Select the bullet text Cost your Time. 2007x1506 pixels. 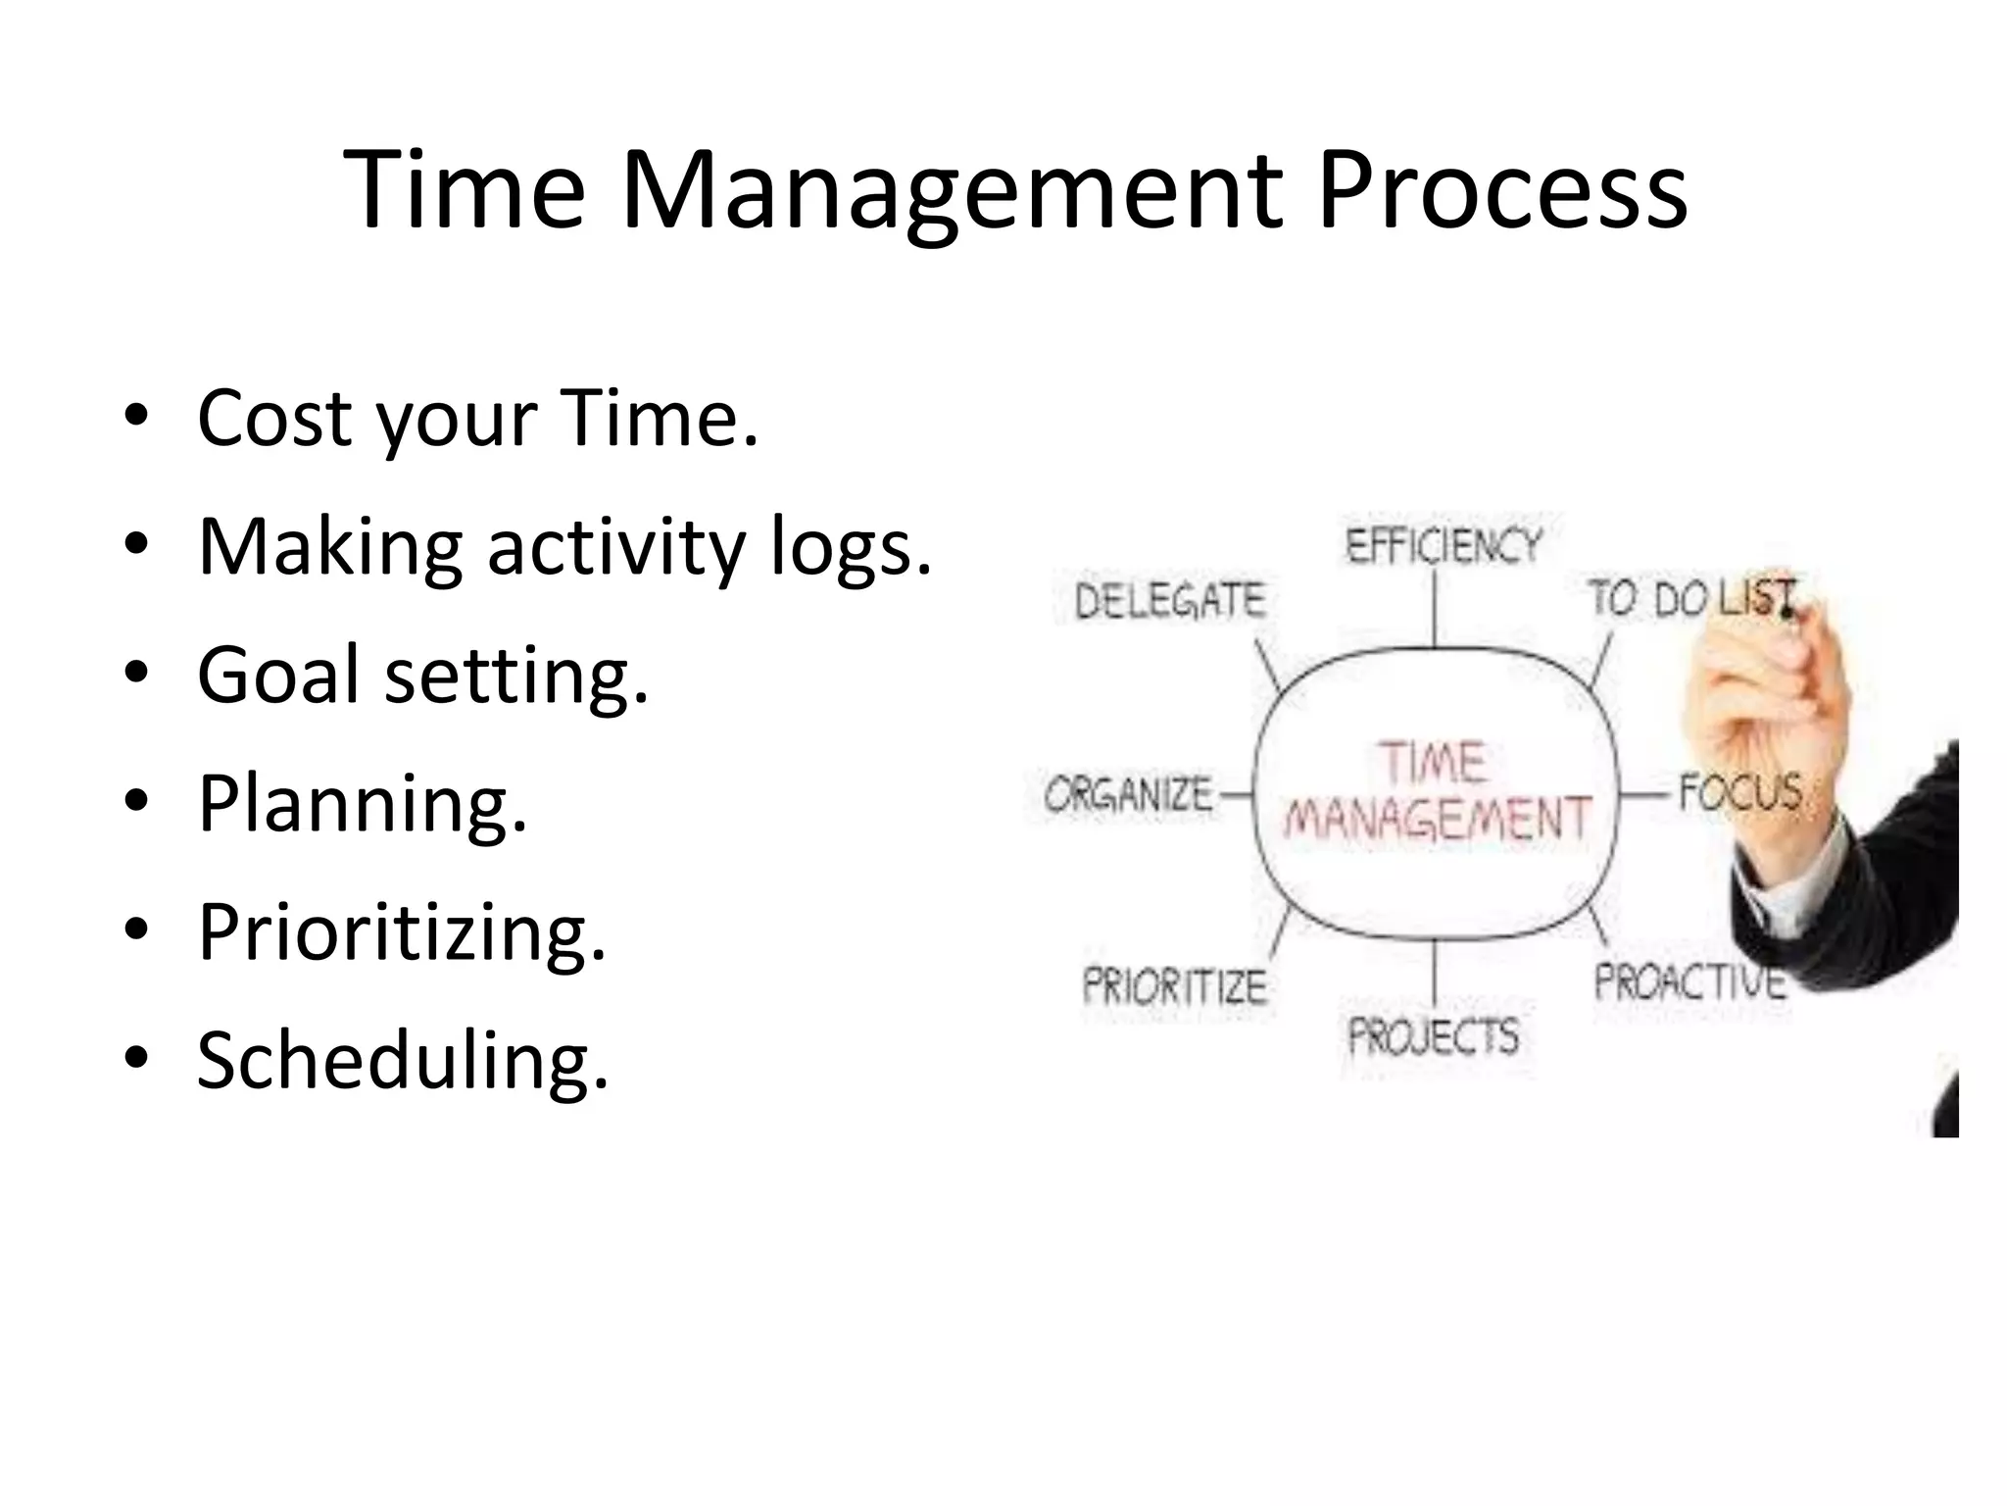coord(478,419)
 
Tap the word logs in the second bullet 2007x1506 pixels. coord(851,547)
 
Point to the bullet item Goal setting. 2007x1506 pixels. coord(423,676)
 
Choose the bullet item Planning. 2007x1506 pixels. coord(363,804)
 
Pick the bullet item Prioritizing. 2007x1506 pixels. coord(402,932)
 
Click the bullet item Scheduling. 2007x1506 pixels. coord(403,1061)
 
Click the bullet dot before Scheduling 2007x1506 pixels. coord(136,1059)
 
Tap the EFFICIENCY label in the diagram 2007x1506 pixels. coord(1444,546)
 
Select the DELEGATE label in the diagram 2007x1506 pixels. coord(1170,600)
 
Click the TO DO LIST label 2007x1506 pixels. coord(1689,598)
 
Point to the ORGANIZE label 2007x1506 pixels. coord(1129,794)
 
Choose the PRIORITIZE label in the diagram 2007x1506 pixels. coord(1174,985)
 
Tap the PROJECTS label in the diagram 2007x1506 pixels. coord(1434,1036)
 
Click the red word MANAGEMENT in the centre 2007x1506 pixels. coord(1437,819)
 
